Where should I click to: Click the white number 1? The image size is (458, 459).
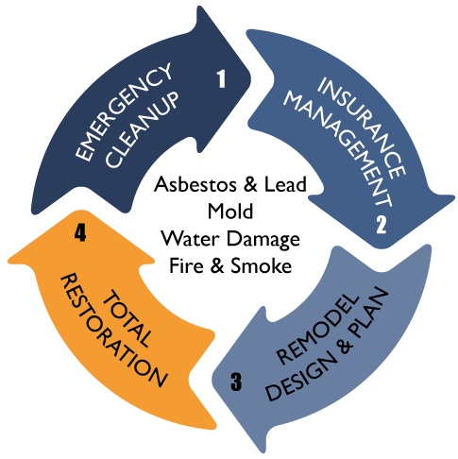click(x=222, y=78)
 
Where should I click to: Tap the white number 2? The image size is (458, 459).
click(x=381, y=224)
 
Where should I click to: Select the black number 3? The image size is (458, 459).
click(x=236, y=382)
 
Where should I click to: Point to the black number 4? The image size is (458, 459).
click(x=80, y=232)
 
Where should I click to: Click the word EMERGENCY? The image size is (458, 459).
click(x=124, y=112)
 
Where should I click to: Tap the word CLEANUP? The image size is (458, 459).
click(x=143, y=129)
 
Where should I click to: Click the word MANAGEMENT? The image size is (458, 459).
click(x=338, y=149)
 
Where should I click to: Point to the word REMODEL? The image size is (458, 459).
click(x=318, y=329)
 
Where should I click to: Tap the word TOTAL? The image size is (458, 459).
click(x=127, y=318)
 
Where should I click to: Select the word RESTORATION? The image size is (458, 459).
click(x=113, y=330)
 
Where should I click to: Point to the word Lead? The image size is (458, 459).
click(x=285, y=184)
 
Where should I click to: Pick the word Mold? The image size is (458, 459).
click(x=230, y=211)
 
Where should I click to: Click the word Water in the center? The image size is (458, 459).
click(x=190, y=238)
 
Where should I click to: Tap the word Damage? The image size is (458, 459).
click(x=263, y=240)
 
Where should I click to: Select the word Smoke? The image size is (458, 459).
click(x=262, y=265)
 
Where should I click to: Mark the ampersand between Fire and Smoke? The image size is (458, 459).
click(x=217, y=265)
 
